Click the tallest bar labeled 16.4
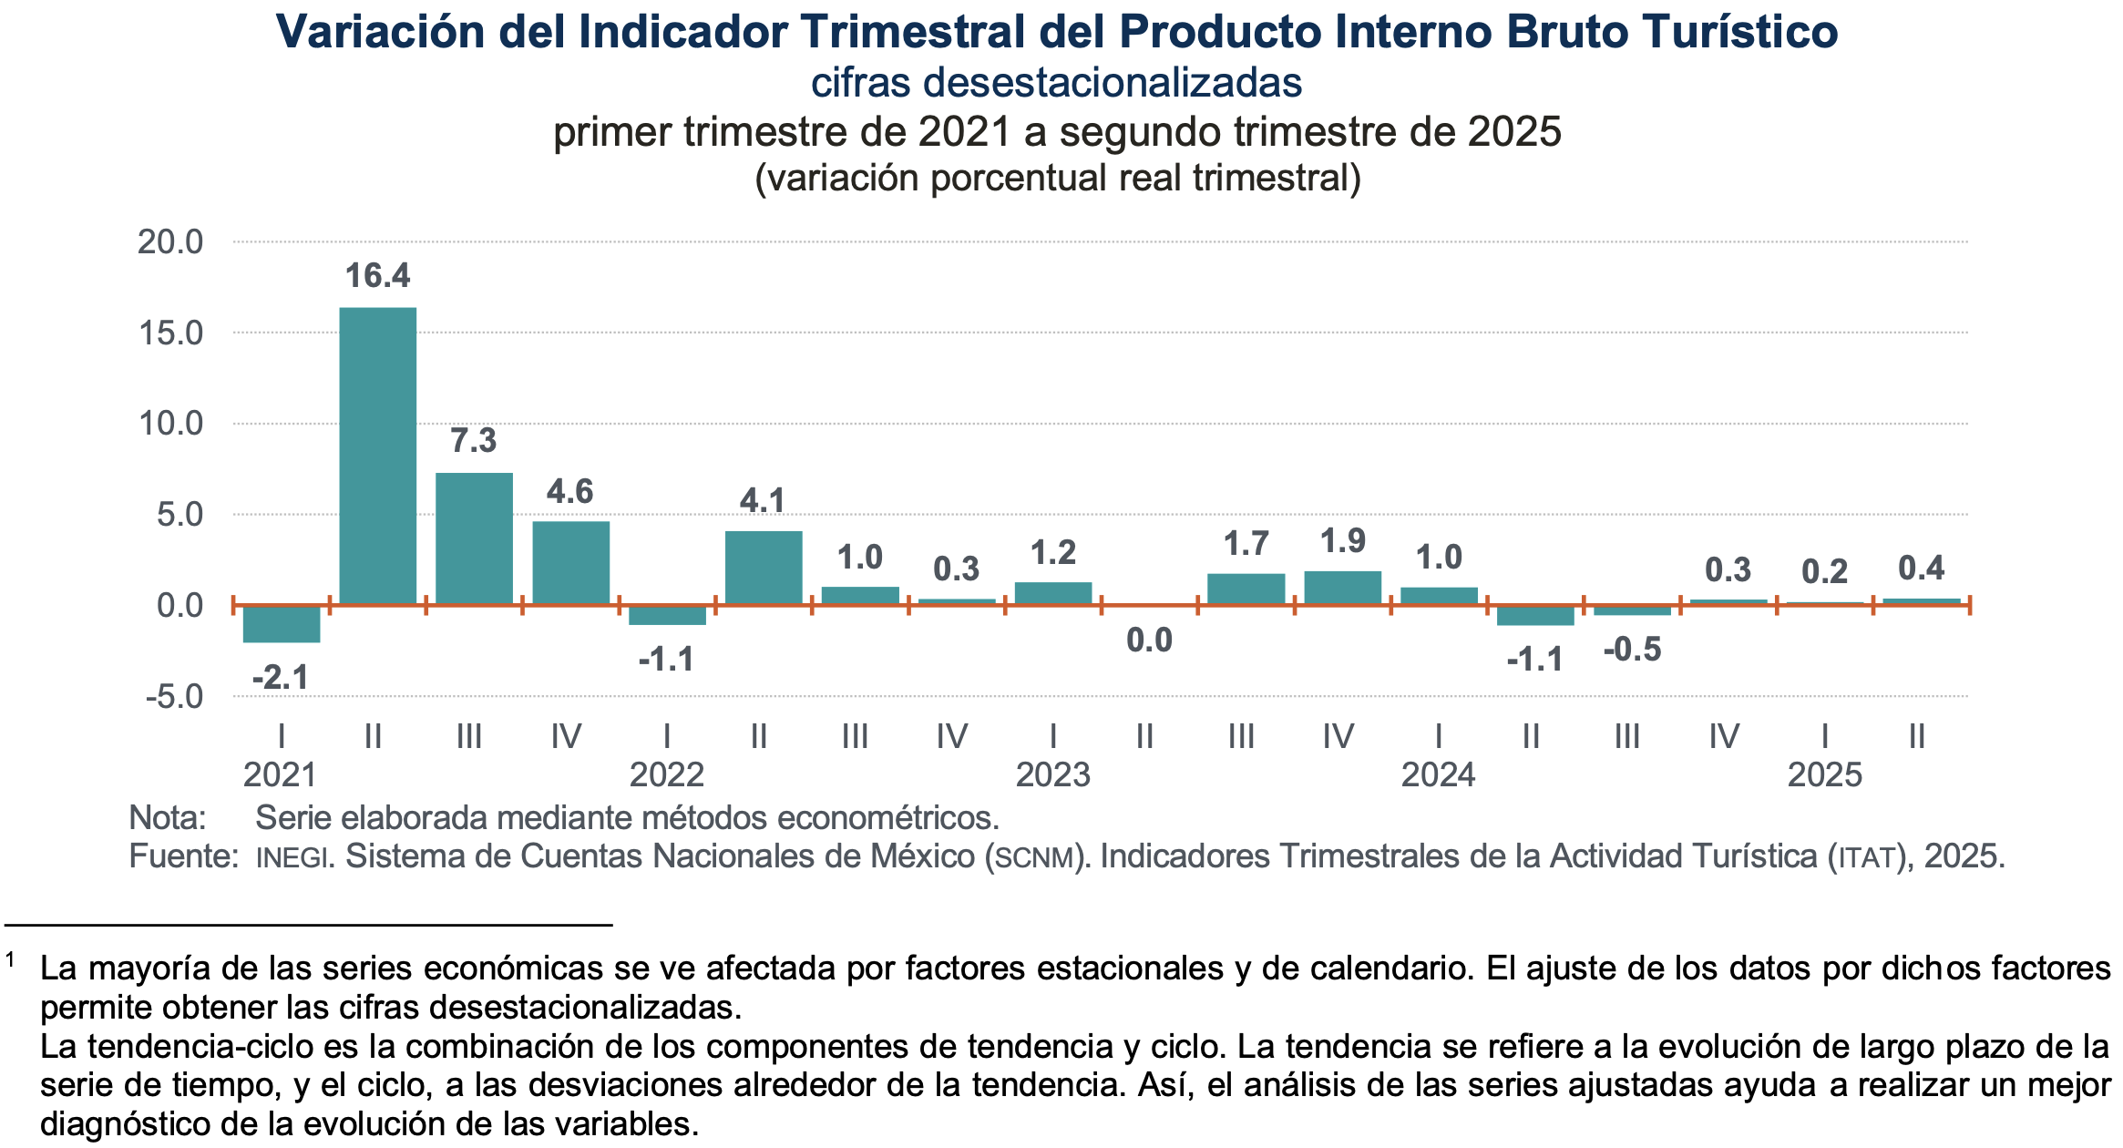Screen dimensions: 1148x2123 pyautogui.click(x=378, y=456)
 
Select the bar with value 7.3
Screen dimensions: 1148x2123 pyautogui.click(x=474, y=538)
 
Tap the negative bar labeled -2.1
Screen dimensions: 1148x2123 pyautogui.click(x=282, y=624)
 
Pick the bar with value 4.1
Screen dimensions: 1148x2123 pyautogui.click(x=764, y=568)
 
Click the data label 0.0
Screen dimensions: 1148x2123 pyautogui.click(x=1149, y=641)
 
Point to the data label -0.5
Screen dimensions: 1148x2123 pyautogui.click(x=1632, y=650)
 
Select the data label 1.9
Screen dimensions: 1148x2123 pyautogui.click(x=1343, y=541)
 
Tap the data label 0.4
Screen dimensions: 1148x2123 pyautogui.click(x=1921, y=569)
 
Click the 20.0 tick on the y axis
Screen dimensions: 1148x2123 pyautogui.click(x=170, y=242)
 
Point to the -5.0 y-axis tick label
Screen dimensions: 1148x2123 pyautogui.click(x=174, y=697)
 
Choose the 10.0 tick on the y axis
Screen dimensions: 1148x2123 pyautogui.click(x=170, y=424)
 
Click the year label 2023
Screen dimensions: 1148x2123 pyautogui.click(x=1052, y=775)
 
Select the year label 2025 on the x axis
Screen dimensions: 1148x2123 pyautogui.click(x=1824, y=775)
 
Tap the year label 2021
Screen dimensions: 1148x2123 pyautogui.click(x=280, y=775)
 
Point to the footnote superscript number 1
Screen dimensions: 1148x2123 pyautogui.click(x=11, y=959)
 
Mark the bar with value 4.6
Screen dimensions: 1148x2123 pyautogui.click(x=570, y=562)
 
